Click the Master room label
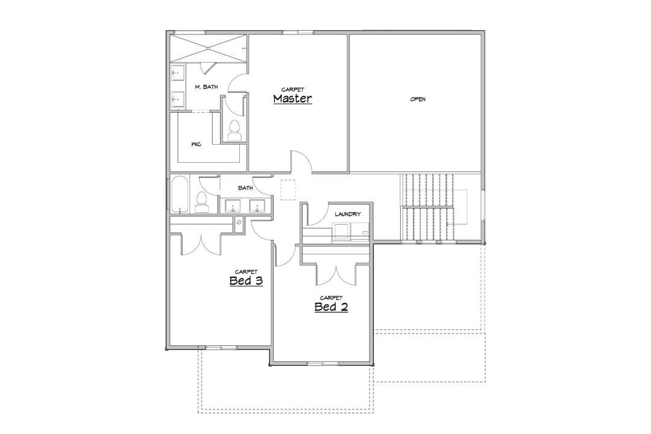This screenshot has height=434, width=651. pyautogui.click(x=293, y=99)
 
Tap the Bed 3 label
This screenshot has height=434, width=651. pyautogui.click(x=246, y=281)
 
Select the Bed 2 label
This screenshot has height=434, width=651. pyautogui.click(x=332, y=307)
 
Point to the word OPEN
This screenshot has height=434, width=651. pyautogui.click(x=418, y=99)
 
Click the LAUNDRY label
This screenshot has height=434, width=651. pyautogui.click(x=348, y=215)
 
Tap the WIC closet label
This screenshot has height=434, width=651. pyautogui.click(x=197, y=145)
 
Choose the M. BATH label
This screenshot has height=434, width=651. pyautogui.click(x=206, y=87)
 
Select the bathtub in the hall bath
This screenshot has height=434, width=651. pyautogui.click(x=180, y=194)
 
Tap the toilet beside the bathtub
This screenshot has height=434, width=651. pyautogui.click(x=202, y=203)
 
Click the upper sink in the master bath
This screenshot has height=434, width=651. pyautogui.click(x=177, y=74)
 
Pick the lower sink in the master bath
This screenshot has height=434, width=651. pyautogui.click(x=177, y=99)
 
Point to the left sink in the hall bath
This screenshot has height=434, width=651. pyautogui.click(x=233, y=206)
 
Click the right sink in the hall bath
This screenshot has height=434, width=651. pyautogui.click(x=257, y=206)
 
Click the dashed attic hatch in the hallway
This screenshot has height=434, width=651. pyautogui.click(x=288, y=189)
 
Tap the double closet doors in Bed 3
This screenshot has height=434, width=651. pyautogui.click(x=201, y=245)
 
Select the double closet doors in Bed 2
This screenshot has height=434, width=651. pyautogui.click(x=336, y=274)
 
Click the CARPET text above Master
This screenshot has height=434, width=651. pyautogui.click(x=293, y=90)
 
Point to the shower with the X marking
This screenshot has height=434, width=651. pyautogui.click(x=208, y=49)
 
